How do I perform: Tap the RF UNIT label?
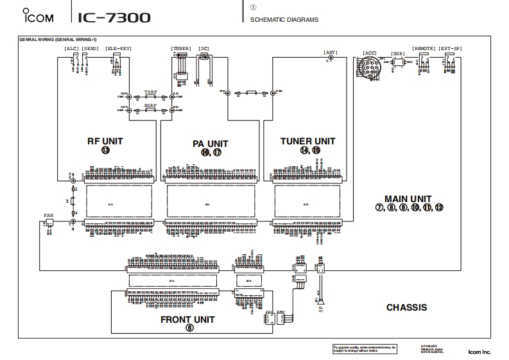click(105, 141)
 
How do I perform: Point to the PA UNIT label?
click(210, 144)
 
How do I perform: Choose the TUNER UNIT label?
click(307, 141)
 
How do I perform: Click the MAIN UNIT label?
click(408, 199)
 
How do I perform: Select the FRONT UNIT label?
click(187, 319)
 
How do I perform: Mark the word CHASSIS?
click(406, 307)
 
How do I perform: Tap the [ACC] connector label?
click(370, 53)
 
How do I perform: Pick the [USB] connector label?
click(397, 53)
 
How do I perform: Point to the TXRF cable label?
click(150, 92)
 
